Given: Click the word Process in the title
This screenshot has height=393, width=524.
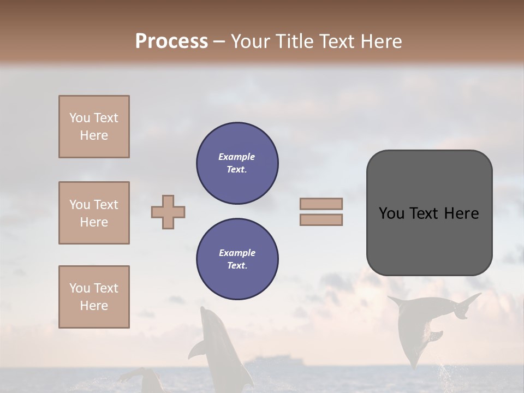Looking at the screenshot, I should coord(171,41).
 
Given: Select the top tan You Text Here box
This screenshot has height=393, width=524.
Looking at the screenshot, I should coord(94,127).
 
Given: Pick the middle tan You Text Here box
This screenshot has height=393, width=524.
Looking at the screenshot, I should coord(94,213).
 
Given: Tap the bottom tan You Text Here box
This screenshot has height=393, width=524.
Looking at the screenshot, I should coord(94,297).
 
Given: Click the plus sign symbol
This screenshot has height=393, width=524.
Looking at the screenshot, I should coord(168,212).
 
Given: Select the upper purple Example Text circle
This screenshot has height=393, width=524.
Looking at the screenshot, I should coord(237,163).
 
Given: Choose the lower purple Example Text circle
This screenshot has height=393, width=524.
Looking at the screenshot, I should coord(237,259).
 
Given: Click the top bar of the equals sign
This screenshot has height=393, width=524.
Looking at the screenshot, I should coord(321,204).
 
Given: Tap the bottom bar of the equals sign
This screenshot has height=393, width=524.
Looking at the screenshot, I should coord(321,219).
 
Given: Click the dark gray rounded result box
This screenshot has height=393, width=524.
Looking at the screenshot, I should coord(429,213).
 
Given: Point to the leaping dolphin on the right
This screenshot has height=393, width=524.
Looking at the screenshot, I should coord(420,327).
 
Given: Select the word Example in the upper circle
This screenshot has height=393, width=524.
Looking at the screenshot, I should coord(236,157).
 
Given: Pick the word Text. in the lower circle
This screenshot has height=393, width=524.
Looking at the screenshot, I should coord(237,265).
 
